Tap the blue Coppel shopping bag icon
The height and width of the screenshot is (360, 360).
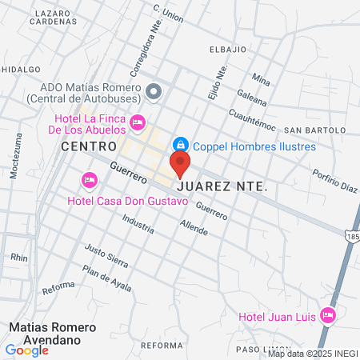182,145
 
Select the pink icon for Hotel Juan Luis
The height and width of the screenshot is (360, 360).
326,315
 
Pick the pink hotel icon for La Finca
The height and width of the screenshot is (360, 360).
137,122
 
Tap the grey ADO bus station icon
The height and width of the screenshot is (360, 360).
154,92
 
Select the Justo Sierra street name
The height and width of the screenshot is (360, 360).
106,256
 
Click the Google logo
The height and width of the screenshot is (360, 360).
26,350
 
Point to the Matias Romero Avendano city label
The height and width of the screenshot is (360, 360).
53,334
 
